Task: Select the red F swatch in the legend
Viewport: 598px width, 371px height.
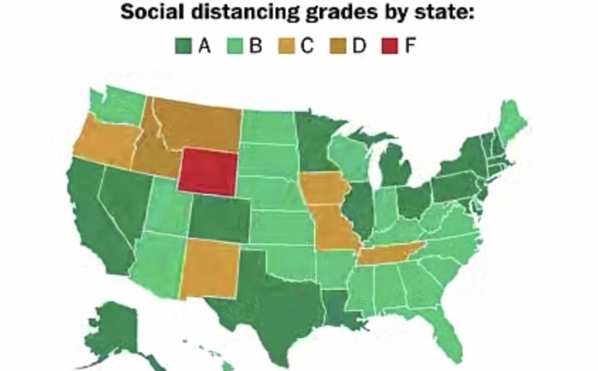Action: pyautogui.click(x=390, y=46)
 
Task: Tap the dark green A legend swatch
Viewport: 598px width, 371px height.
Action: pyautogui.click(x=183, y=46)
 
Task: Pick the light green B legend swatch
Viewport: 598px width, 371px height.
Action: pyautogui.click(x=235, y=46)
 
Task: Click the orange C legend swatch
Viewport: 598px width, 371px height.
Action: pyautogui.click(x=286, y=46)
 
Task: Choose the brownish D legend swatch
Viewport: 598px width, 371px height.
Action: pyautogui.click(x=338, y=46)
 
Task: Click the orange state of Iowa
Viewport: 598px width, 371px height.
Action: pyautogui.click(x=322, y=187)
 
